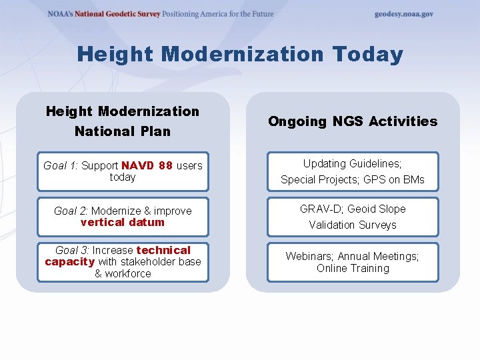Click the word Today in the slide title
coord(363,54)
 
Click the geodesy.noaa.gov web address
coord(403,14)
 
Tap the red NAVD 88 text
coord(147,165)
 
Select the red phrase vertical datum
coord(122,222)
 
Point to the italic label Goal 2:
coord(71,211)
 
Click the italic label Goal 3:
coord(73,250)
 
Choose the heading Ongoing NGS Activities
coord(353,121)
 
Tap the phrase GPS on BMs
coord(393,179)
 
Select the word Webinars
coord(309,256)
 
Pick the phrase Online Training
coord(353,268)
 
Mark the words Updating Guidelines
coord(353,163)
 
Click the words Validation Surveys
coord(353,225)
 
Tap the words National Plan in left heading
coord(123,131)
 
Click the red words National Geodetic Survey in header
coord(117,14)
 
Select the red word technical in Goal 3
coord(163,250)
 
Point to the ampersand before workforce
coord(98,273)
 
